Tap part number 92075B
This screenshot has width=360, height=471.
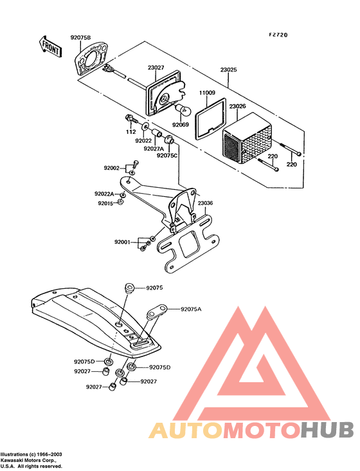[81, 38]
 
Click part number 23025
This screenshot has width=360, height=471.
[229, 69]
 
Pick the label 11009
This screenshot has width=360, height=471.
[206, 93]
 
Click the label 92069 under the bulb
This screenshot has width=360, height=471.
[181, 125]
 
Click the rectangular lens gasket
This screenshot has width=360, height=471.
[209, 120]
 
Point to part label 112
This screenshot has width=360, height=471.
[130, 132]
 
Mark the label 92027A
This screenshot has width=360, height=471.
[154, 148]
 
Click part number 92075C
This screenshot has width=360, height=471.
[168, 155]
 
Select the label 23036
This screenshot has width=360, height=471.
[205, 203]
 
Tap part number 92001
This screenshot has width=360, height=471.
[123, 242]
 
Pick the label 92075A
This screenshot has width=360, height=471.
[191, 309]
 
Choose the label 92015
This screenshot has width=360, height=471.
[105, 203]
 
